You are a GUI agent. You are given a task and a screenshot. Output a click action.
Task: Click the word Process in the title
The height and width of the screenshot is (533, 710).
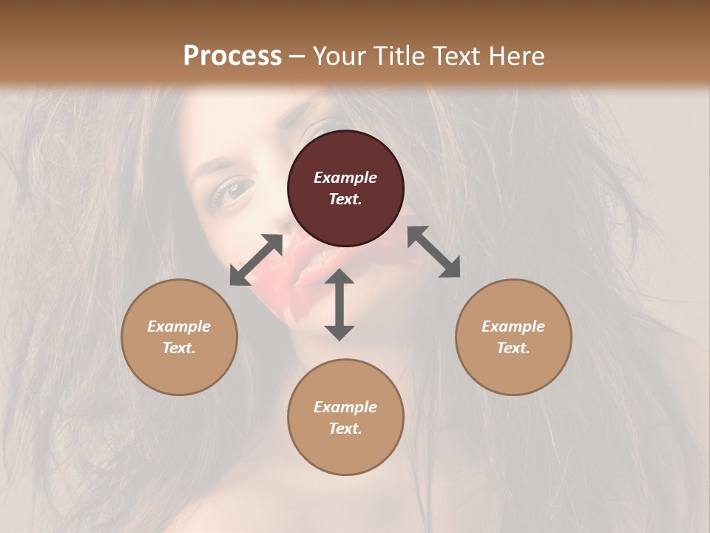pos(232,56)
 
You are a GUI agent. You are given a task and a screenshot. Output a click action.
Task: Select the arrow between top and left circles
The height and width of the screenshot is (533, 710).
pos(256,260)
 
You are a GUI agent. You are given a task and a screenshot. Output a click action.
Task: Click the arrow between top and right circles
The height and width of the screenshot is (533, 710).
pos(433,252)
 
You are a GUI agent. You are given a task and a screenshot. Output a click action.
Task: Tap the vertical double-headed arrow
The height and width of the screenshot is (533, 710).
pos(339,304)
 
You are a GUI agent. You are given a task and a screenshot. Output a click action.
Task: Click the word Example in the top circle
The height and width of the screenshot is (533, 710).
pos(345,178)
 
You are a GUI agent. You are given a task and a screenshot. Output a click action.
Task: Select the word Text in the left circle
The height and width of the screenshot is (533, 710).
pos(179,348)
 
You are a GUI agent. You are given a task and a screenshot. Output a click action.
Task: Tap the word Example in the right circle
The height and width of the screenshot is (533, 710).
pos(513,326)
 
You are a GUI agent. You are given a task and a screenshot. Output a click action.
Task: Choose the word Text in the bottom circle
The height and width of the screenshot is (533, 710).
pos(345,429)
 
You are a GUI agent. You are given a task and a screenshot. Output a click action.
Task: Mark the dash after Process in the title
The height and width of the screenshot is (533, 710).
pos(297,56)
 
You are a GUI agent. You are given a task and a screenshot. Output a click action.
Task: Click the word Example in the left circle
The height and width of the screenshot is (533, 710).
pos(179,326)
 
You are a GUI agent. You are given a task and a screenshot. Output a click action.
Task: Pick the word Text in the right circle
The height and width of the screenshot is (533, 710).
pos(513,348)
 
